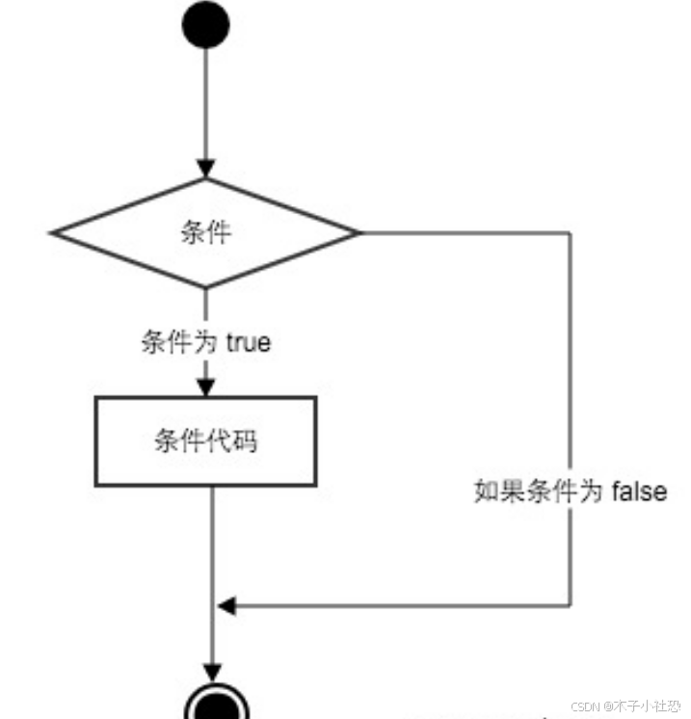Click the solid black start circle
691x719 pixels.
pos(205,26)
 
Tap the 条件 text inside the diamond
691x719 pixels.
pos(205,232)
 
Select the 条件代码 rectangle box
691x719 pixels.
pos(205,441)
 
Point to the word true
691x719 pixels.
pos(248,342)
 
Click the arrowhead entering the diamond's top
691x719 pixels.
pos(205,170)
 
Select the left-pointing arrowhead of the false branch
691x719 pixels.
pos(226,606)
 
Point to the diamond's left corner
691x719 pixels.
pos(54,232)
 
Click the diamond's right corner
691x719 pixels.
pos(358,232)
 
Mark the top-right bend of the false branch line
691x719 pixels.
pos(571,232)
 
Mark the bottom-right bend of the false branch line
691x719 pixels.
pos(571,606)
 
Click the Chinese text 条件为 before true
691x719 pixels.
pos(180,342)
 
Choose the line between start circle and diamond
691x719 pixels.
pos(205,106)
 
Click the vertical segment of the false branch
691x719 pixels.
pos(571,386)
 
